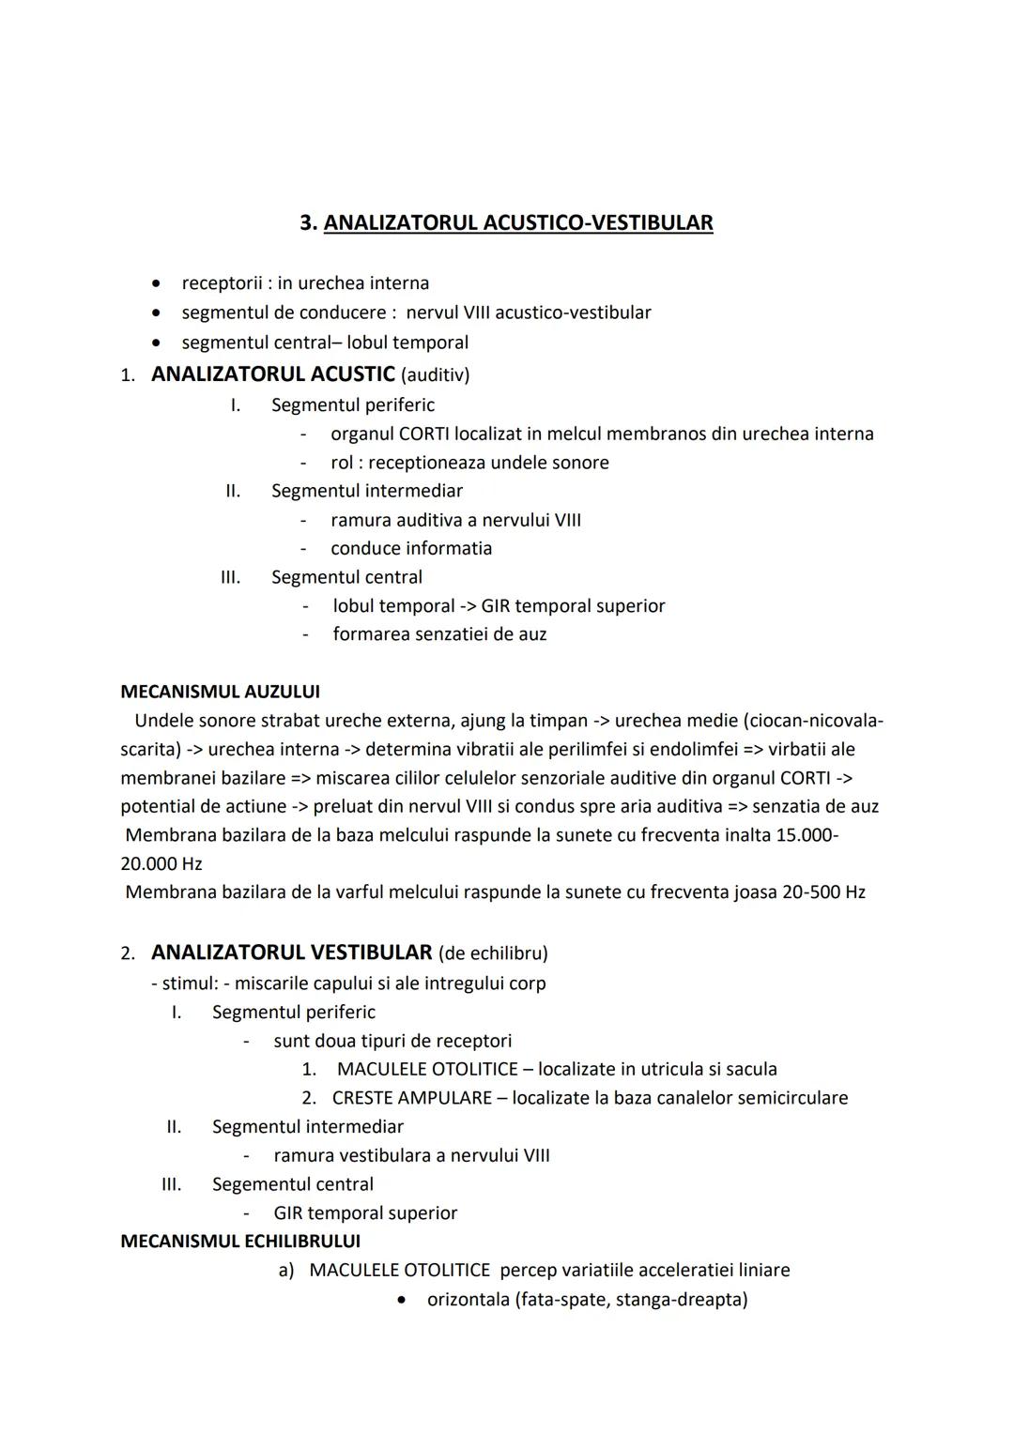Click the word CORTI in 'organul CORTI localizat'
[x=423, y=434]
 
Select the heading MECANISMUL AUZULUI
[x=220, y=692]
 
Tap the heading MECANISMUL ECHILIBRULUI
[x=240, y=1241]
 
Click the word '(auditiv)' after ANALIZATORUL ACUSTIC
[x=435, y=375]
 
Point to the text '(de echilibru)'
[x=493, y=953]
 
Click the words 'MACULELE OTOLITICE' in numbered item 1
[x=427, y=1069]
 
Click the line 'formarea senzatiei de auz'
[x=439, y=634]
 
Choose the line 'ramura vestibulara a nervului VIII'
[x=411, y=1155]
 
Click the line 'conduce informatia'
[x=410, y=548]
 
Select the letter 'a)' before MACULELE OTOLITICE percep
[x=286, y=1270]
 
